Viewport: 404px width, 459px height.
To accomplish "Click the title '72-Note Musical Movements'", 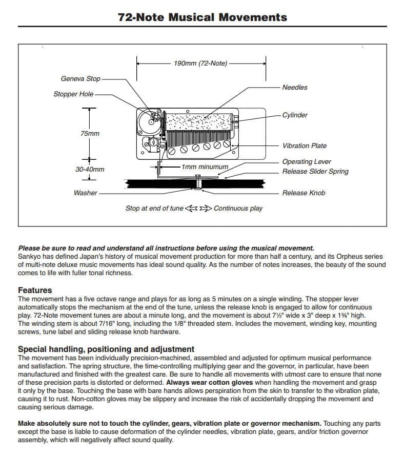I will pyautogui.click(x=202, y=17).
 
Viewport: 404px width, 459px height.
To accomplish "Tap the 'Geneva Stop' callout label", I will pyautogui.click(x=80, y=79).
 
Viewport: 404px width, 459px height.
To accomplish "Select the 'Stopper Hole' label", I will pyautogui.click(x=73, y=94).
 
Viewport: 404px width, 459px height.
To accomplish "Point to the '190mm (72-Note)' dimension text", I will pyautogui.click(x=200, y=64).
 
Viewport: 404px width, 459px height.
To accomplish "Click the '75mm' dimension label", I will pyautogui.click(x=90, y=133).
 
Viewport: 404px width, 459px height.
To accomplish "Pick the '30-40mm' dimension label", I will pyautogui.click(x=90, y=169).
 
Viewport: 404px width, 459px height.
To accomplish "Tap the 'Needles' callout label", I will pyautogui.click(x=295, y=87).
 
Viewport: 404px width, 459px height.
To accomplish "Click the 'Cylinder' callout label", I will pyautogui.click(x=295, y=115).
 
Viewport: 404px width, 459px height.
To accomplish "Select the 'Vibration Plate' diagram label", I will pyautogui.click(x=304, y=145).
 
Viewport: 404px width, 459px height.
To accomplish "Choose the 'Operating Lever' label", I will pyautogui.click(x=307, y=162).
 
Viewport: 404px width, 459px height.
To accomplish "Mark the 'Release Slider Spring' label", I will pyautogui.click(x=315, y=171).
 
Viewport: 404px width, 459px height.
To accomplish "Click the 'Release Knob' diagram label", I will pyautogui.click(x=304, y=193).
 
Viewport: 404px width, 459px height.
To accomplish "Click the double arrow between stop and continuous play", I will pyautogui.click(x=198, y=208).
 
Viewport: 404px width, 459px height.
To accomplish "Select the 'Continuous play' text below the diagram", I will pyautogui.click(x=238, y=208).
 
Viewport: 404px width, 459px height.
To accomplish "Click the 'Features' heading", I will pyautogui.click(x=35, y=290).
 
